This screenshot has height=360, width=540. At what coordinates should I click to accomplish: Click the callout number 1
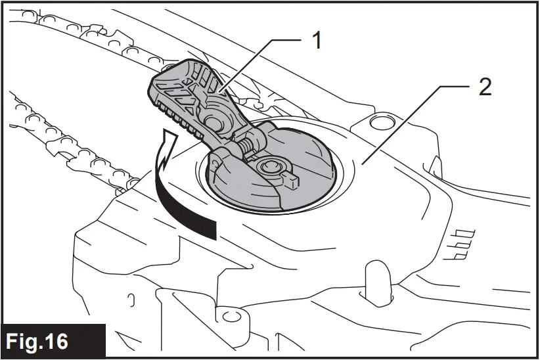point(317,41)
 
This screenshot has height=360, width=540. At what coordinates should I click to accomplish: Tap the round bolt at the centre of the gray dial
point(270,167)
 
